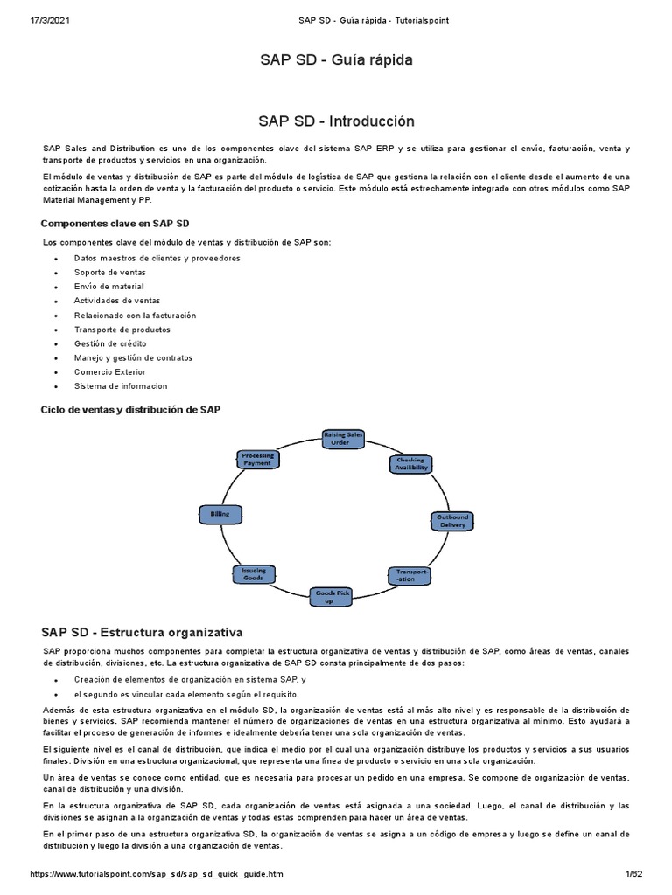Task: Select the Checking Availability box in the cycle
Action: pos(410,464)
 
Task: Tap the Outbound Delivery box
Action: pos(452,521)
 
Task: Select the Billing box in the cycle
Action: pos(220,515)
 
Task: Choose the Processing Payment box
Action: pos(258,459)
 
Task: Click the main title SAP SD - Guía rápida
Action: pos(336,60)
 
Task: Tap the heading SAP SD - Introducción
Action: pos(336,121)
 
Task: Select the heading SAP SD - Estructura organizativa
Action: pos(142,631)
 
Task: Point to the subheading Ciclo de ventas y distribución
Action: pos(131,409)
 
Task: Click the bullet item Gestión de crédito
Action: pos(110,343)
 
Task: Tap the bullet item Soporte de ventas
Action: pos(110,272)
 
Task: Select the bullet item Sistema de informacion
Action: pos(121,385)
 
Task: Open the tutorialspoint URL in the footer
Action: pos(157,874)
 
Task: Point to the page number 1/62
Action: pos(633,874)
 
